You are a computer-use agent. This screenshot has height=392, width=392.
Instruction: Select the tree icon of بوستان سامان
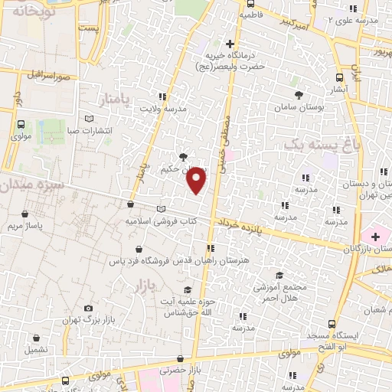click(x=299, y=95)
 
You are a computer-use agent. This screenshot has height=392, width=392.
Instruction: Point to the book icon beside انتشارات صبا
click(x=90, y=119)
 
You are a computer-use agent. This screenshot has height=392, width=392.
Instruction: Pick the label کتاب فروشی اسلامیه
click(x=158, y=221)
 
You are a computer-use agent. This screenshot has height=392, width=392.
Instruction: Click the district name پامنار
click(x=116, y=100)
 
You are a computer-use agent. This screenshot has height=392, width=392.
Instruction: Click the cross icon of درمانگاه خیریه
click(x=230, y=44)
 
